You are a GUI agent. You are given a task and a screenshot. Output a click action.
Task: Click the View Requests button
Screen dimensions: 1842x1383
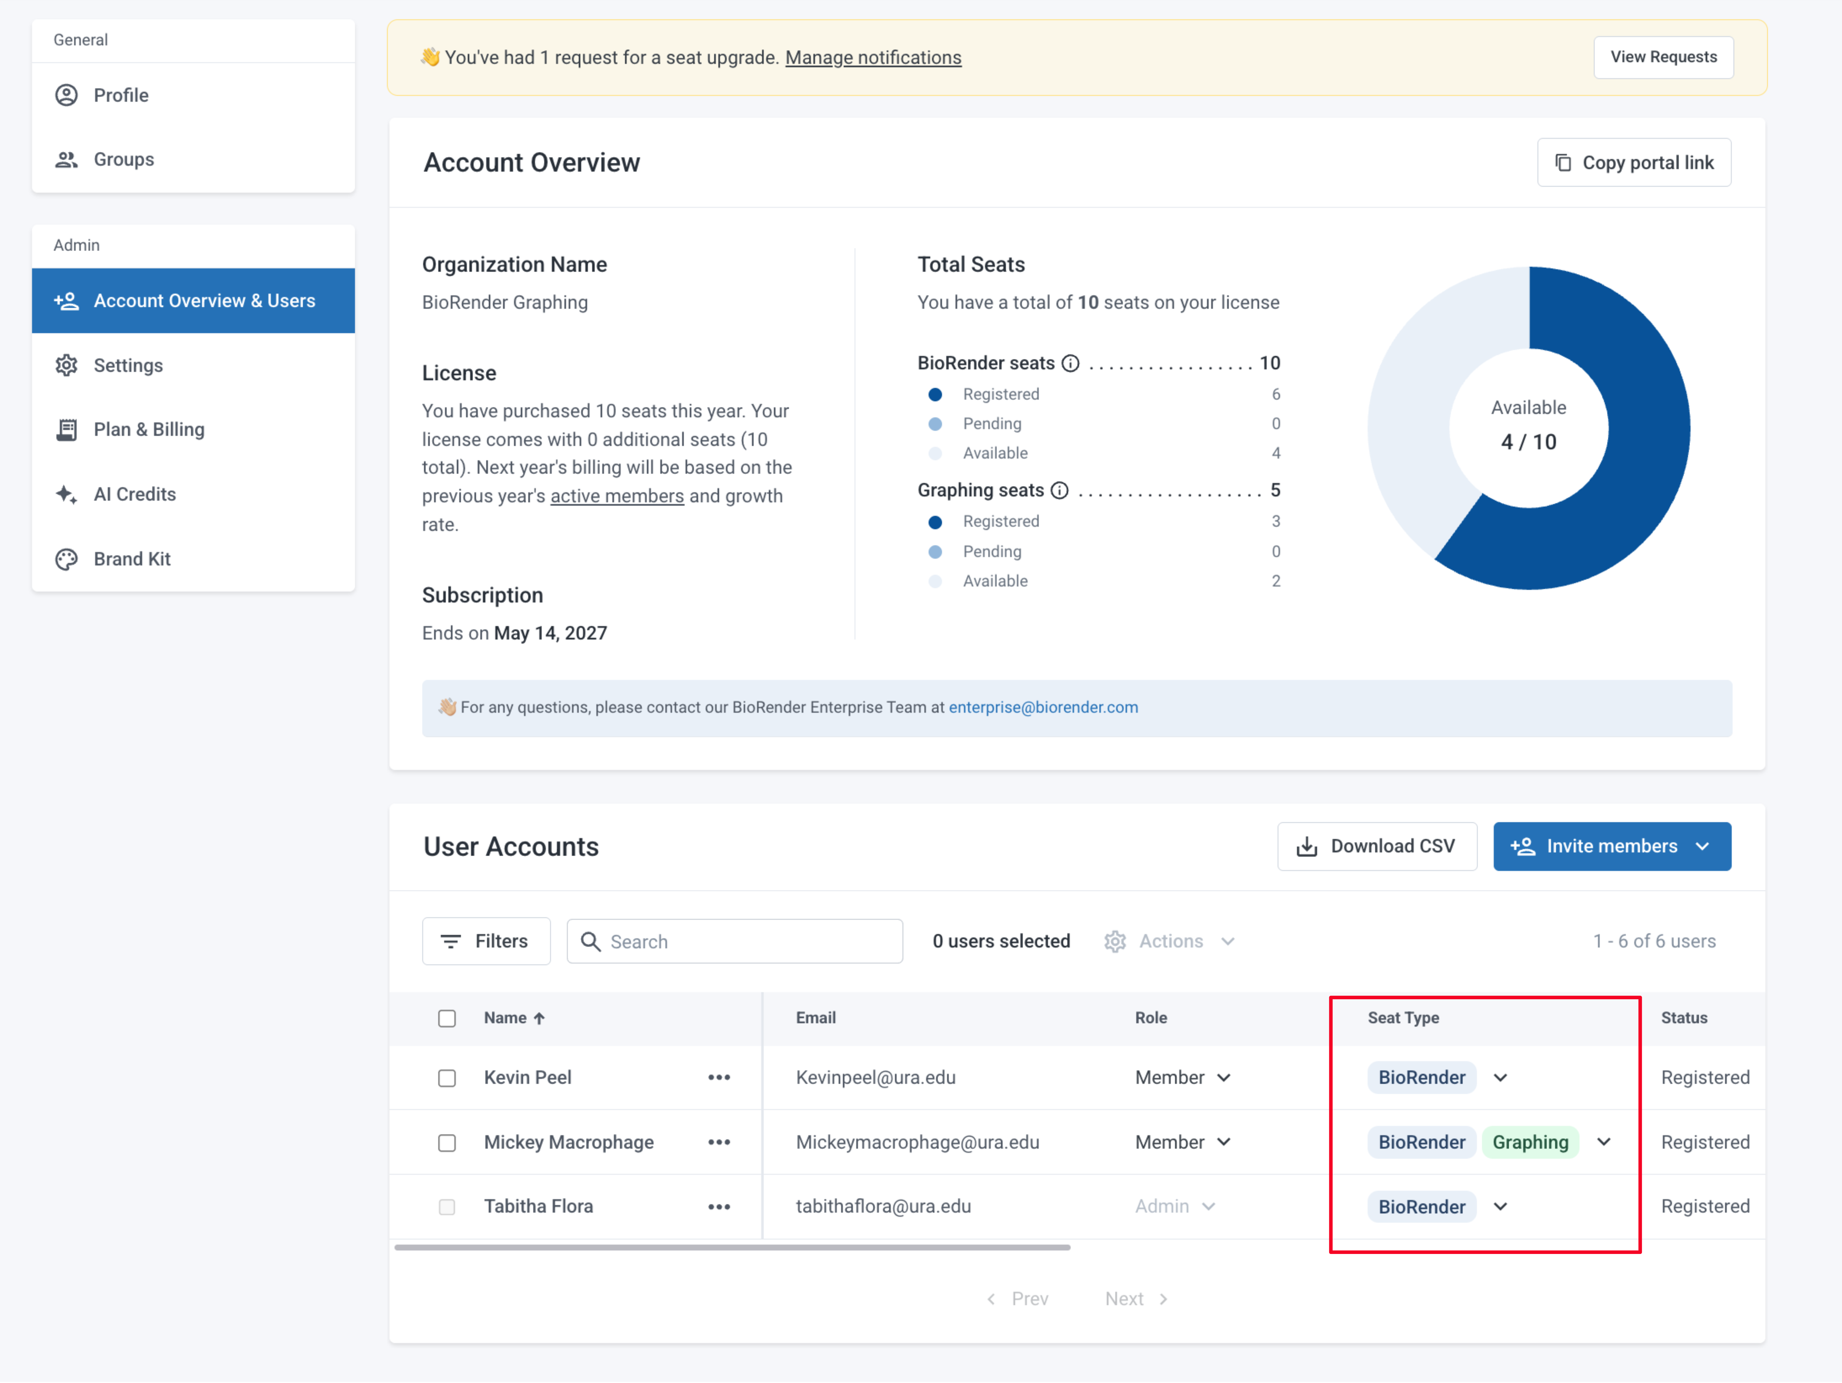1663,57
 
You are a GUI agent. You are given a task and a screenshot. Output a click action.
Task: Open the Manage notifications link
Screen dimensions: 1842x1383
873,57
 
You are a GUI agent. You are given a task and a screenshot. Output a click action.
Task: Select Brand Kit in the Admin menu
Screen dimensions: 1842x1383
132,559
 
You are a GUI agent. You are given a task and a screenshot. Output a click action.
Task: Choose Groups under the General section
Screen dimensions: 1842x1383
123,160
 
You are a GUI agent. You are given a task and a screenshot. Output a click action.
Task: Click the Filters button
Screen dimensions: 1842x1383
486,942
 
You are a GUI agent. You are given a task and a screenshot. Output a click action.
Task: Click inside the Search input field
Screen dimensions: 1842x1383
734,942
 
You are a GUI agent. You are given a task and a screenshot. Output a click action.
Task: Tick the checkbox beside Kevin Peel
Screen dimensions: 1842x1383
447,1078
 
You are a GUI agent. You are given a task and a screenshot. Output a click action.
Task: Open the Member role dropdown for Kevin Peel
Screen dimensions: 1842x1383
1182,1078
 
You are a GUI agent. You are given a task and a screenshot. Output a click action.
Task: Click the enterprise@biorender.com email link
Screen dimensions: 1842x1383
1043,707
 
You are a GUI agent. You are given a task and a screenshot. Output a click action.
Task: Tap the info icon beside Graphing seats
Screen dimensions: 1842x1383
1059,491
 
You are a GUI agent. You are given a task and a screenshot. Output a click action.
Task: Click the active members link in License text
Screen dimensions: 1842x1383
617,497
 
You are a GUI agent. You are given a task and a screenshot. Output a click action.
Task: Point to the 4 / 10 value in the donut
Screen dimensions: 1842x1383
1529,442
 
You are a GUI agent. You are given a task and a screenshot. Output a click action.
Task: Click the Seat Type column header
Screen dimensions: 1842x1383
1403,1018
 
